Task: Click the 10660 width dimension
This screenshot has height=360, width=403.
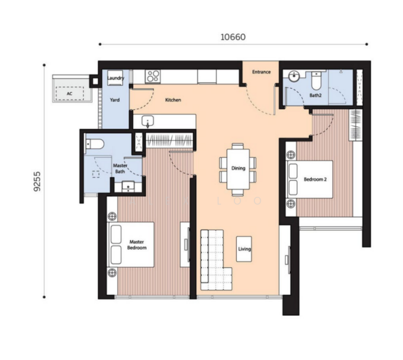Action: click(233, 37)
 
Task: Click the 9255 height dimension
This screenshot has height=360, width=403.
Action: click(38, 181)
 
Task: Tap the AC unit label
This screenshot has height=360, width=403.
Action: click(70, 94)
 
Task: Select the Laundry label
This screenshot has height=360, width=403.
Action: click(116, 78)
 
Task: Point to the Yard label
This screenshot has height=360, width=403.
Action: click(115, 100)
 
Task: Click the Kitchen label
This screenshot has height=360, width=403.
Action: click(173, 100)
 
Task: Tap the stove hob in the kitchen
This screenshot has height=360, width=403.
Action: click(153, 77)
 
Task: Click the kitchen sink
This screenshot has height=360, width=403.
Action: click(148, 121)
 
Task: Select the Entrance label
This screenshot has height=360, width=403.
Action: click(261, 72)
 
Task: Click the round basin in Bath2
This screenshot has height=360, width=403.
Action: click(293, 76)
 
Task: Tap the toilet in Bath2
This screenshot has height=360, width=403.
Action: click(316, 80)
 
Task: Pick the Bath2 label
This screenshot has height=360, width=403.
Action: click(315, 95)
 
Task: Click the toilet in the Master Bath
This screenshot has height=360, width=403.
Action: click(95, 144)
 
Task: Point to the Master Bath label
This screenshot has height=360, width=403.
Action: click(120, 169)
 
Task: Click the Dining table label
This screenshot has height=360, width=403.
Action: click(238, 168)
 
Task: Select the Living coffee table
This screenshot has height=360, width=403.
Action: click(244, 249)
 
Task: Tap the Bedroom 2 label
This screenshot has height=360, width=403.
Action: click(315, 179)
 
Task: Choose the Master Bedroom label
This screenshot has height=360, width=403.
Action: click(137, 245)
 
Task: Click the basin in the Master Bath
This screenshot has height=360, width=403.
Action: click(128, 186)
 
